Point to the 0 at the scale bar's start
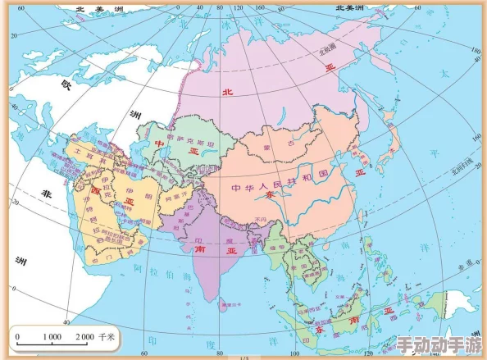(16, 337)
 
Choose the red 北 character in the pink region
(227, 92)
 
